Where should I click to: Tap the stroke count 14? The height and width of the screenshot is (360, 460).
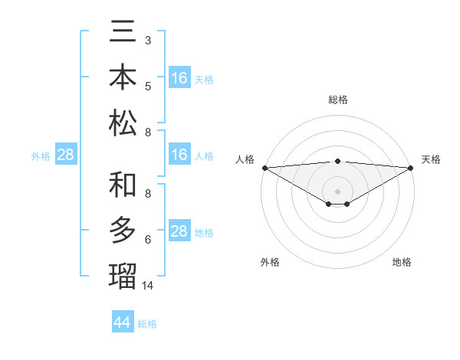(x=149, y=285)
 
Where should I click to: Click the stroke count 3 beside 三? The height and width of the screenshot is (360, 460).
(x=148, y=39)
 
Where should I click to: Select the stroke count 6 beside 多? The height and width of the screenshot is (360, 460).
(x=148, y=240)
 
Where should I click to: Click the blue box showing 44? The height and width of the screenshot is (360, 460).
(x=123, y=322)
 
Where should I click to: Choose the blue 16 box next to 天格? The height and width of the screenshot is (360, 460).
(x=179, y=78)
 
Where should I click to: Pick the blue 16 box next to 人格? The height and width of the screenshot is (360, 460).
(x=179, y=155)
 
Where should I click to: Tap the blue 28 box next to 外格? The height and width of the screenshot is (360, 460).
(x=66, y=155)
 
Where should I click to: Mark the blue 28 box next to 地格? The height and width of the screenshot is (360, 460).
(x=179, y=232)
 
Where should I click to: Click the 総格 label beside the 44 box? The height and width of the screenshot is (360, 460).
(x=147, y=324)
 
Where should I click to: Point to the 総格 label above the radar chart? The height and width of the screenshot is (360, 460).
(x=338, y=100)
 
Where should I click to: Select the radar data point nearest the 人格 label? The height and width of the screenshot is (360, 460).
(x=264, y=168)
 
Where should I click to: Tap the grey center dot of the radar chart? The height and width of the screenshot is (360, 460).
(x=338, y=191)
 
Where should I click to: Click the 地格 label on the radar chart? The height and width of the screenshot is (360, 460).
(x=402, y=262)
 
